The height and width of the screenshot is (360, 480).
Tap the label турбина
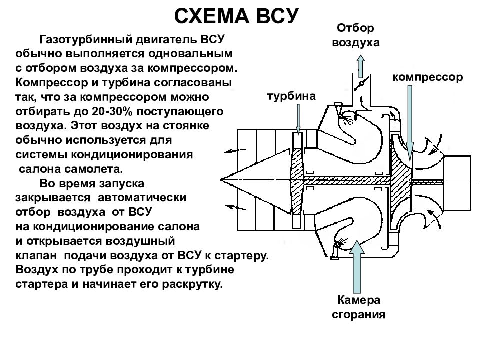[x=291, y=96]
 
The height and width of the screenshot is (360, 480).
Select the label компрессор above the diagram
[x=427, y=77]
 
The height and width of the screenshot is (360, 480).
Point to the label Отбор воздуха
[x=355, y=35]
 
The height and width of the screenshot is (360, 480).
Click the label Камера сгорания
[x=359, y=307]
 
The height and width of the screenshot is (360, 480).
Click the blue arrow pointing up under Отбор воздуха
[x=361, y=66]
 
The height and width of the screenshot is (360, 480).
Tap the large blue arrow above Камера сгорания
[x=357, y=266]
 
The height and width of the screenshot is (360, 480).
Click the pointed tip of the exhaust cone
[x=221, y=180]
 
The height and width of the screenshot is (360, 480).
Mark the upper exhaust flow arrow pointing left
[x=235, y=150]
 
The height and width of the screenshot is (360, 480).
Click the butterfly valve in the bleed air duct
[x=361, y=83]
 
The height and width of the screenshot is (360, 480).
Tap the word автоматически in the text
[x=142, y=198]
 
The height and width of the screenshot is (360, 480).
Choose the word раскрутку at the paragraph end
[x=192, y=284]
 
